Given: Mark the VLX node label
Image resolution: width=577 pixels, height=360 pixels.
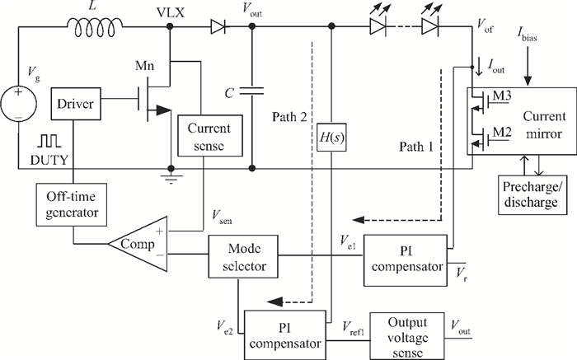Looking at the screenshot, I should coord(171,12).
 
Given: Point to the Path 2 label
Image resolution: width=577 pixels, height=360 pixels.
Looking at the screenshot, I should coord(289,117).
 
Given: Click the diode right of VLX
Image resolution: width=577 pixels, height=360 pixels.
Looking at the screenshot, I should coord(218,26).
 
